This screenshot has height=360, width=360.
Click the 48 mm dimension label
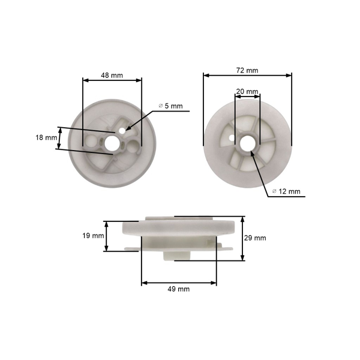coord(112,76)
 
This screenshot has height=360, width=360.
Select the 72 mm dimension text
coord(247,70)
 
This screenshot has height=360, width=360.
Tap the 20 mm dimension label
coord(247,92)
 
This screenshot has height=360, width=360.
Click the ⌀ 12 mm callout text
coord(286,191)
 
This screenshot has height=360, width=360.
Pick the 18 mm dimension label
coord(46,138)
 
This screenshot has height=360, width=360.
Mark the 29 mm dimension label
coord(256,238)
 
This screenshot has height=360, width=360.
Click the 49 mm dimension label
coord(179,289)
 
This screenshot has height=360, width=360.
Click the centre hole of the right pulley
coord(247,142)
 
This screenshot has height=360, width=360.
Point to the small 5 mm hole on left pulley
coord(123,128)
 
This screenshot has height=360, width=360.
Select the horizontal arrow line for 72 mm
coord(247,76)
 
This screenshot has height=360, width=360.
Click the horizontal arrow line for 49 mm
coord(179,282)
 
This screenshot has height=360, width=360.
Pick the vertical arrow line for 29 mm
coord(242,238)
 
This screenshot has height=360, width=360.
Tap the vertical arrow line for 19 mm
coord(107,236)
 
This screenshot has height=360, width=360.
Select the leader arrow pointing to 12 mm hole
coord(259,170)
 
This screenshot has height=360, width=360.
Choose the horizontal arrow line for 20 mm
coord(247,96)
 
